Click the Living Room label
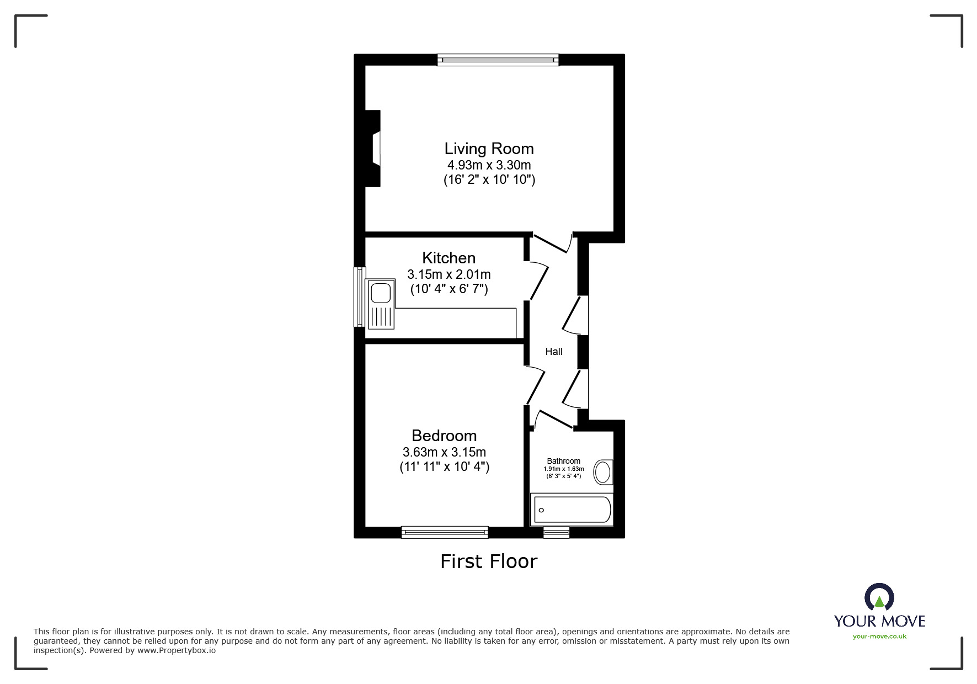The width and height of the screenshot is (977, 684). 489,149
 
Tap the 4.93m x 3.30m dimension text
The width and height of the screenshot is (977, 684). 489,165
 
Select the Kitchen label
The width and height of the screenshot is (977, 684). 449,258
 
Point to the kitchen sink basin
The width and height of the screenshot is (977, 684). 381,293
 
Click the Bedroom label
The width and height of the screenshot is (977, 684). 444,436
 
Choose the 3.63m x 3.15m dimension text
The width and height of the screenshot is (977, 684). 444,452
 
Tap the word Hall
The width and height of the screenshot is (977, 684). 554,352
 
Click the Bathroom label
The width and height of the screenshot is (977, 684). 563,461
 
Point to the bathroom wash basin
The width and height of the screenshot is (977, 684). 602,473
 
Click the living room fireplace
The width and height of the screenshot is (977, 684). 374,149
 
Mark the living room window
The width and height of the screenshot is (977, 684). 498,60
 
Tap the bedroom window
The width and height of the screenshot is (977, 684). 445,532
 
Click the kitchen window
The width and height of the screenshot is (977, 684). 359,297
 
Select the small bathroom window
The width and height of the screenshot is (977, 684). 556,532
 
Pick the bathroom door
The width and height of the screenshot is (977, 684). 554,419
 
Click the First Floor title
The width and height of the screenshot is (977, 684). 489,561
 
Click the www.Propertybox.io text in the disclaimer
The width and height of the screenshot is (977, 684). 177,650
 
